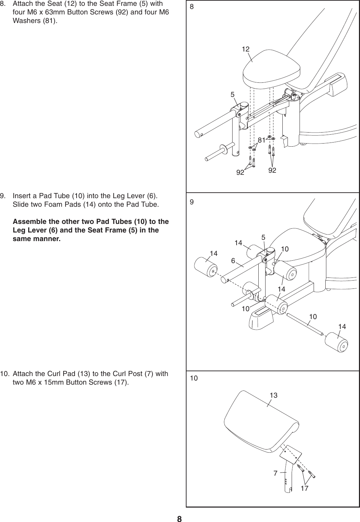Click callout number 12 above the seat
point(245,49)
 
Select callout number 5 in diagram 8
point(233,94)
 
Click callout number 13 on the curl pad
point(273,396)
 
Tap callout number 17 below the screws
point(304,488)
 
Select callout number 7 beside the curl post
point(275,473)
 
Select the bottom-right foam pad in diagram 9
point(336,342)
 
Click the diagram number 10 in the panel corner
point(194,378)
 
